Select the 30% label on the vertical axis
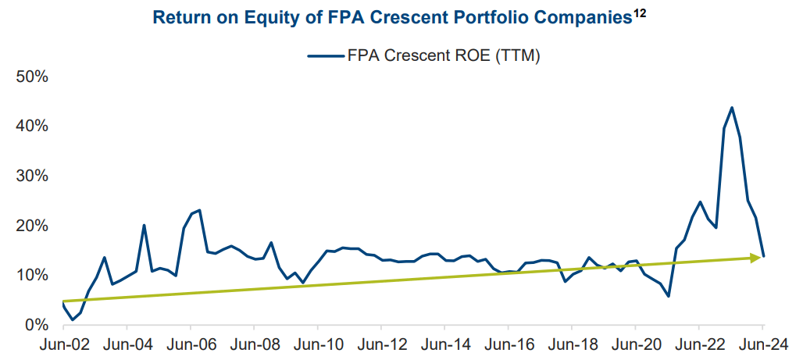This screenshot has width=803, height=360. point(32,176)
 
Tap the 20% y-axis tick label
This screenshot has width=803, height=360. point(32,225)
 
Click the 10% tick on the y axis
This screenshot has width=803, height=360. point(32,275)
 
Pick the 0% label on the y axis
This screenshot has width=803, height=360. point(37,324)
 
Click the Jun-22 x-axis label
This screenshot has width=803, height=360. point(698,344)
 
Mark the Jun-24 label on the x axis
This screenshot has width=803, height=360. point(762,344)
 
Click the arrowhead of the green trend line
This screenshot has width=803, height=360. point(757,257)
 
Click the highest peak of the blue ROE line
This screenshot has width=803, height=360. point(731,108)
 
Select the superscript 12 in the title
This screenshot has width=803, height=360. point(640,13)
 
